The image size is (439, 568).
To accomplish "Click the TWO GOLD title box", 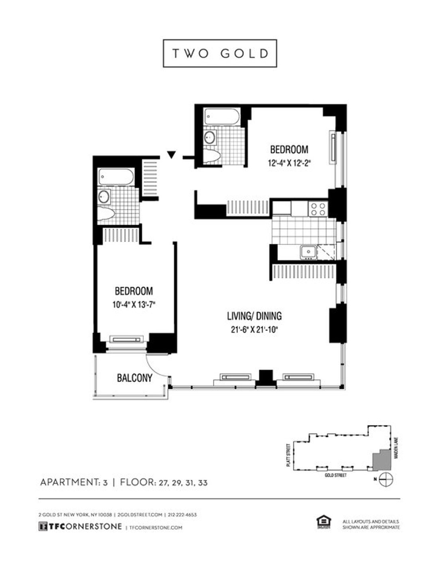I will tap(220, 53).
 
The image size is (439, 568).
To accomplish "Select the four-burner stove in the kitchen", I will tap(318, 209).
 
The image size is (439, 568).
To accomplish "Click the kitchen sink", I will tap(308, 252).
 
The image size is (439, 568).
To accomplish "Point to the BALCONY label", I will tap(134, 378).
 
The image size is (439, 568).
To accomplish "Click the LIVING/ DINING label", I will tap(254, 316).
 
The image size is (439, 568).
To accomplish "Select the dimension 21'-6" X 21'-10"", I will tap(254, 329).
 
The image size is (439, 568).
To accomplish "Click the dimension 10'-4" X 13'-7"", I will tap(134, 304).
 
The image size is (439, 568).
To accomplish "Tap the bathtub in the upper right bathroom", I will tap(222, 117).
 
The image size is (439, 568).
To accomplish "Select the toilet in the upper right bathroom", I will tap(212, 156).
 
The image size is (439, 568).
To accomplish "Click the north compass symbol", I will tap(386, 479).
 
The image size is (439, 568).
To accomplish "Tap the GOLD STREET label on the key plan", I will tap(336, 476).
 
